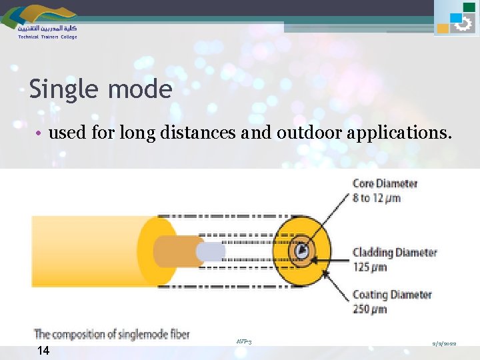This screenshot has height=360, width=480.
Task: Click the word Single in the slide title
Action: (x=62, y=89)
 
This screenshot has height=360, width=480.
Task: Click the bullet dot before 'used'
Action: (x=41, y=133)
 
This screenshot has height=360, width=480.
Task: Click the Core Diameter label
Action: (x=385, y=183)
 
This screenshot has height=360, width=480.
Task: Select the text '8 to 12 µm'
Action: (x=376, y=198)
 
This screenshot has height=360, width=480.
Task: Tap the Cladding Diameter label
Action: (x=394, y=253)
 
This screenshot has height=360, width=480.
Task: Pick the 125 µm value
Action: (x=370, y=267)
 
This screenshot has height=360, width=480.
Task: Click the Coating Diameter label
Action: (x=392, y=295)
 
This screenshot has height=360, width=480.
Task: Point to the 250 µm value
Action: (x=370, y=309)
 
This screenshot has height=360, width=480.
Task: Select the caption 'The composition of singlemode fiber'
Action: (x=111, y=333)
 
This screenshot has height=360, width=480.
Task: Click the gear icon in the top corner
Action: (x=462, y=24)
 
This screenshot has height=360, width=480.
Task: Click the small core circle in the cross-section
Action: (x=303, y=251)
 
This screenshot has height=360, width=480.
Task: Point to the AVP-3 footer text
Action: (x=243, y=341)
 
